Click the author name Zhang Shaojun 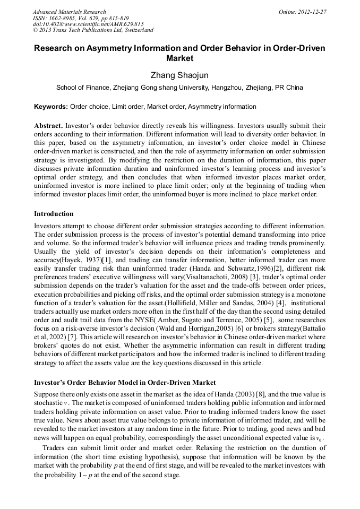click(179, 76)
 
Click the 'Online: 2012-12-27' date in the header click(303, 12)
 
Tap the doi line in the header click(88, 24)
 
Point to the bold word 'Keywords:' click(51, 107)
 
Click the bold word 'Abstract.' click(48, 126)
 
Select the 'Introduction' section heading click(54, 214)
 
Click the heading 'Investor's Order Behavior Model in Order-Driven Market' click(125, 382)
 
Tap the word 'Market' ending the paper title click(179, 58)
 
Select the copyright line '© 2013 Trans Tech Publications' click(93, 30)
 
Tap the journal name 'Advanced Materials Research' click(69, 12)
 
